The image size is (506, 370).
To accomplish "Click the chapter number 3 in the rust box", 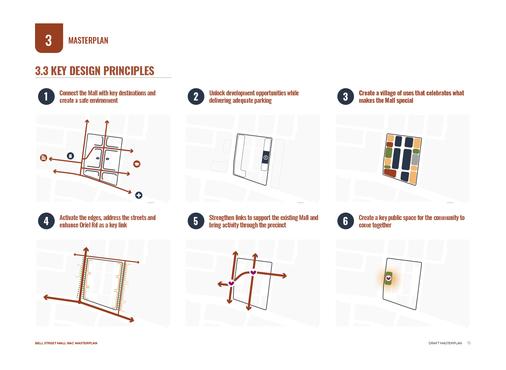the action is click(x=49, y=41).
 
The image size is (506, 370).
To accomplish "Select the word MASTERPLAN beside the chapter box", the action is click(x=88, y=41).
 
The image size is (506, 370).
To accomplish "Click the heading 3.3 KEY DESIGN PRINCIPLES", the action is click(x=95, y=71).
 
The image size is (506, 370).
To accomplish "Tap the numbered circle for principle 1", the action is click(x=46, y=97).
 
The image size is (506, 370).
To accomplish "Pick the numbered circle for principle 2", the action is click(x=196, y=97).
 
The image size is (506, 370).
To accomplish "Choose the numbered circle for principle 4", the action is click(x=46, y=221).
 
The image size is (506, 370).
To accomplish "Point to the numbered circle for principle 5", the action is click(x=196, y=221).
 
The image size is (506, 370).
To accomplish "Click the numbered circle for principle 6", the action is click(x=346, y=221).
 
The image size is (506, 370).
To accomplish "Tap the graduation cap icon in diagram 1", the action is click(x=137, y=164).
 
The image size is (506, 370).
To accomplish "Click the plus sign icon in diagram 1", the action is click(x=139, y=195).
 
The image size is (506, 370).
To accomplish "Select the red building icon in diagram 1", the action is click(x=43, y=157).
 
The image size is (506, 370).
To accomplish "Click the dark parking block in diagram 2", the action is click(x=265, y=157).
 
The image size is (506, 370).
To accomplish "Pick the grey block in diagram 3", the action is click(x=415, y=160).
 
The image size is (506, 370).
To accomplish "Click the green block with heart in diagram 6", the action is click(x=388, y=278).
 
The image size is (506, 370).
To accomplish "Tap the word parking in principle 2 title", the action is click(x=263, y=100).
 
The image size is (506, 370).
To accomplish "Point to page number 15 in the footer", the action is click(x=469, y=343).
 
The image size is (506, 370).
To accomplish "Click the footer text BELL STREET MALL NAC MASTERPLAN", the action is click(x=66, y=343).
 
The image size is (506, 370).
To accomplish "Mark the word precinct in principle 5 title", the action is click(x=278, y=225).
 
